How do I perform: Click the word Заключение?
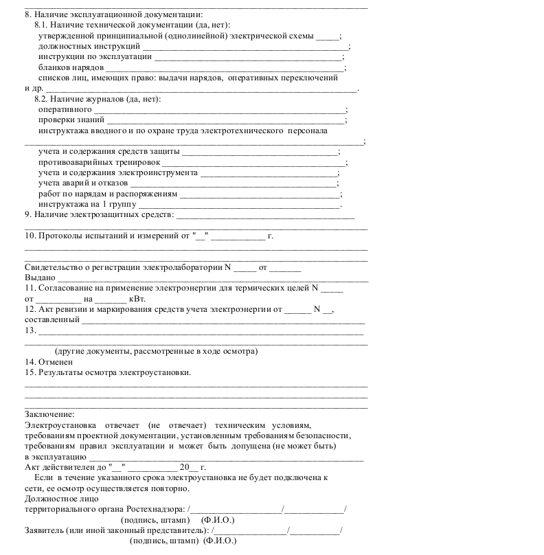(x=49, y=414)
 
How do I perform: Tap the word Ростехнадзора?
(x=155, y=509)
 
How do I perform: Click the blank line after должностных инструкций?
(x=218, y=47)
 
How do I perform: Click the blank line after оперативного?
(x=220, y=110)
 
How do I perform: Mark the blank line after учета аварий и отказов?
(x=234, y=183)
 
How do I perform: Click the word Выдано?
(x=40, y=277)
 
